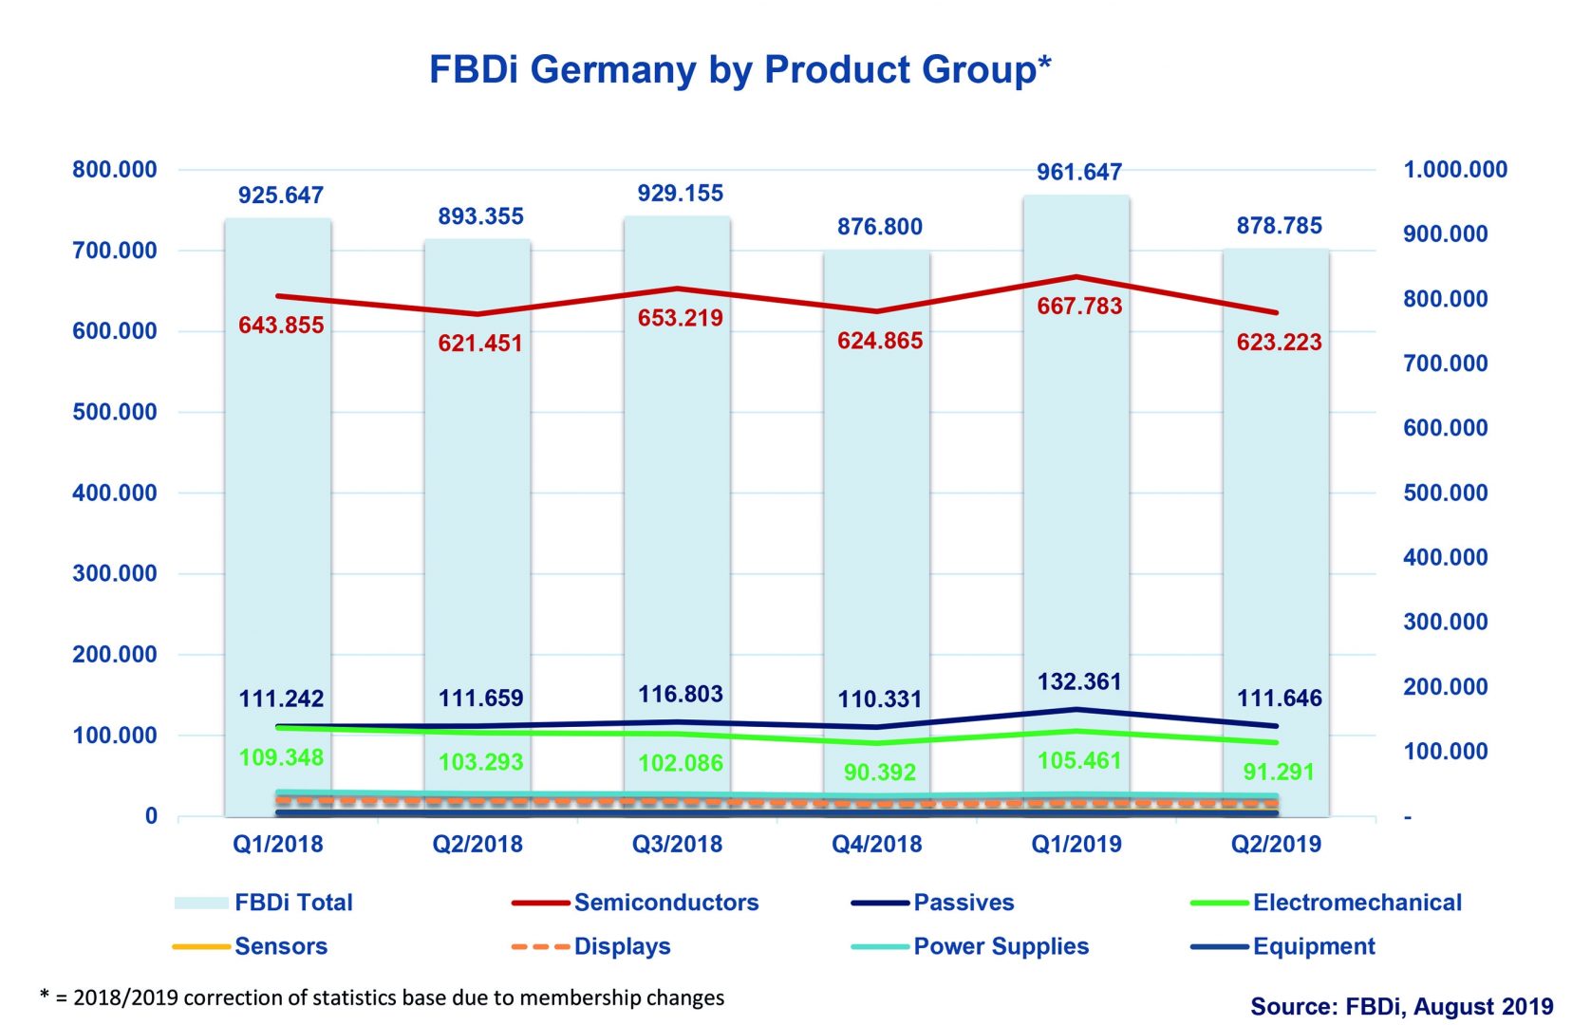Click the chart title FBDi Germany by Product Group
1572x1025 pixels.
point(739,70)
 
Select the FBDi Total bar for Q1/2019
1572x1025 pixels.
point(1076,475)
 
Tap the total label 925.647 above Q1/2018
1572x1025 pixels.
point(281,196)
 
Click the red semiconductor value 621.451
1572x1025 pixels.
point(480,344)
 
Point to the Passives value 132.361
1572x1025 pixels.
point(1079,681)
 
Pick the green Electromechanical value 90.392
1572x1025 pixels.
point(880,773)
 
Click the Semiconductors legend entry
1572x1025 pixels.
point(665,903)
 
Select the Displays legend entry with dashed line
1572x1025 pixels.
point(622,946)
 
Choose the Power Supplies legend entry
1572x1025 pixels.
point(1001,946)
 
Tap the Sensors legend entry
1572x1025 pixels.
point(281,946)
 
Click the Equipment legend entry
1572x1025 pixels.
point(1313,946)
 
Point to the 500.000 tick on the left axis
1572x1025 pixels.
point(115,412)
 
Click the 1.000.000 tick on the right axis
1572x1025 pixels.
point(1454,170)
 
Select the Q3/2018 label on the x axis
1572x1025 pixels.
point(678,844)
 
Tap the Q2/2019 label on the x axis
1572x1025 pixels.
point(1276,844)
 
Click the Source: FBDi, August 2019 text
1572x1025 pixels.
point(1401,1006)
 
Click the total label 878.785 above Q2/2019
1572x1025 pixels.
point(1279,226)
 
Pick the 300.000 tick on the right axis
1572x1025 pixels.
point(1445,622)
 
